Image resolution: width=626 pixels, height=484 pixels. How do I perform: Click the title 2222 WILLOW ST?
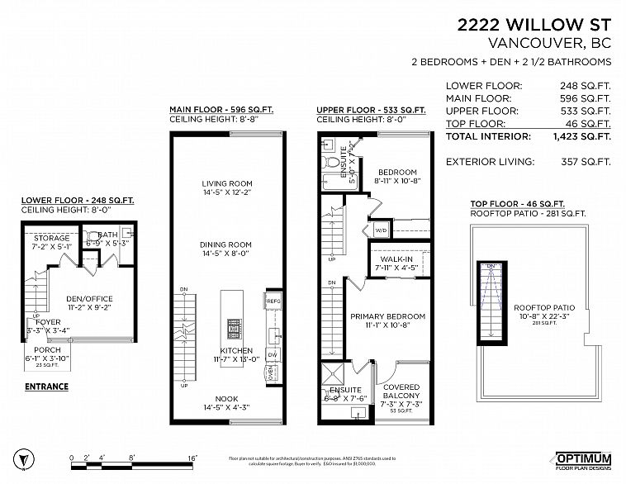[x=534, y=25]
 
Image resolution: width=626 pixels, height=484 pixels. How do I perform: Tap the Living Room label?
[x=227, y=183]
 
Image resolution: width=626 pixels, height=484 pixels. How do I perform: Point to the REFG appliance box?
[x=273, y=301]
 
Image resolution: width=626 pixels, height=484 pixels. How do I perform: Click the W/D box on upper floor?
[x=381, y=230]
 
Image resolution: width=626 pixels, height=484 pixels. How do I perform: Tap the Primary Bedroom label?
[x=387, y=316]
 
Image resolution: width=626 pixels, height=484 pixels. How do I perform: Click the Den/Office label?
[x=89, y=299]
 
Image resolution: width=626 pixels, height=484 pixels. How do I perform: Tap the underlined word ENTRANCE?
[x=46, y=387]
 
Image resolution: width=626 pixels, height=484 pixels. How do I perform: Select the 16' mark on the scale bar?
[x=192, y=456]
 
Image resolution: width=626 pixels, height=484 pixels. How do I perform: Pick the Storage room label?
[x=51, y=238]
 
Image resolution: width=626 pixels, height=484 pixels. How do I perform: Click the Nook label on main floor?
[x=227, y=398]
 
